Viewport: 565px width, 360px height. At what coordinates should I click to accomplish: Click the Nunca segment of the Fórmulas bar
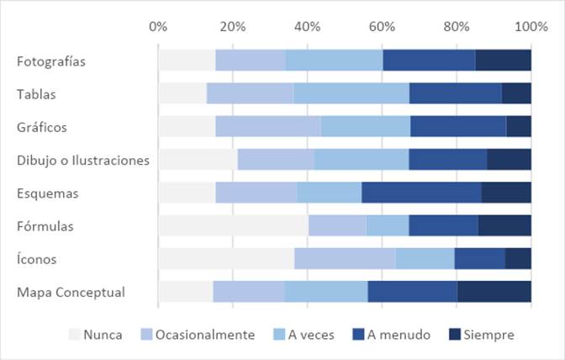tap(233, 225)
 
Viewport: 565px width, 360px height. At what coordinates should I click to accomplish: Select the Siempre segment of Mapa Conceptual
tap(494, 292)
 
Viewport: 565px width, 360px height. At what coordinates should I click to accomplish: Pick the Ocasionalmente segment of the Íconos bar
tap(345, 259)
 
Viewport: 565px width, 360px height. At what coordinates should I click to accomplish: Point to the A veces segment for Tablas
tap(351, 93)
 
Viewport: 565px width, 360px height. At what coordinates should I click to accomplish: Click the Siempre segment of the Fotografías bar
tap(503, 61)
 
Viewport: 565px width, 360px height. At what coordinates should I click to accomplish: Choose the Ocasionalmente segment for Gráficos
tap(268, 126)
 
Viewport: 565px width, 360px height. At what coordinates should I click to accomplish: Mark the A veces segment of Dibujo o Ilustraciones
tap(362, 160)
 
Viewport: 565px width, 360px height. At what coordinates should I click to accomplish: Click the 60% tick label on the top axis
tap(383, 26)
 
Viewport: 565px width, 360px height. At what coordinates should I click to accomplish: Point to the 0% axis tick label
tap(158, 26)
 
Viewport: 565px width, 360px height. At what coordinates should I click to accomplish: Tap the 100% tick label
tap(531, 26)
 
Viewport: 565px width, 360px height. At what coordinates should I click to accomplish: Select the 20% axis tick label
tap(232, 26)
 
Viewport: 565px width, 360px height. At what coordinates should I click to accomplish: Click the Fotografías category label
tap(51, 61)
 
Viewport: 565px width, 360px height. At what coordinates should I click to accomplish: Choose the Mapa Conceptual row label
tap(71, 293)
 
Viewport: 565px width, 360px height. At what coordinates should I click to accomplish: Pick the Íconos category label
tap(36, 260)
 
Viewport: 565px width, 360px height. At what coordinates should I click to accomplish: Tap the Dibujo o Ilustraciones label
tap(82, 160)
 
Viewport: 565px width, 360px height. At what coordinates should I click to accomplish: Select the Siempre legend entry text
tap(491, 335)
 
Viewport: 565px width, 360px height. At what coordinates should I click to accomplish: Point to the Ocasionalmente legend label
tap(206, 335)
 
